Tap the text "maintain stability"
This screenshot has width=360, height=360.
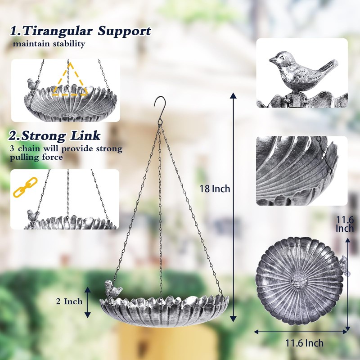pos(49,44)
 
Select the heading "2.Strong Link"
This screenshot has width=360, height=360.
pos(54,135)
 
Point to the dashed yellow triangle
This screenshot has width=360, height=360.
pos(69,81)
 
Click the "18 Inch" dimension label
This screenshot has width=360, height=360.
pos(215,189)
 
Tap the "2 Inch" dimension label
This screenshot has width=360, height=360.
pos(69,301)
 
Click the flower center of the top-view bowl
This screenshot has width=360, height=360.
pos(298,282)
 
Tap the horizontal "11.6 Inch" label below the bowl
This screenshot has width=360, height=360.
pos(304,343)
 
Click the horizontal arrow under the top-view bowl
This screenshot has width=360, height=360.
pos(301,332)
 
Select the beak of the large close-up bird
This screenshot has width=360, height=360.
pos(271,59)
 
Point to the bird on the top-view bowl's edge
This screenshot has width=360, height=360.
pos(344,265)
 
